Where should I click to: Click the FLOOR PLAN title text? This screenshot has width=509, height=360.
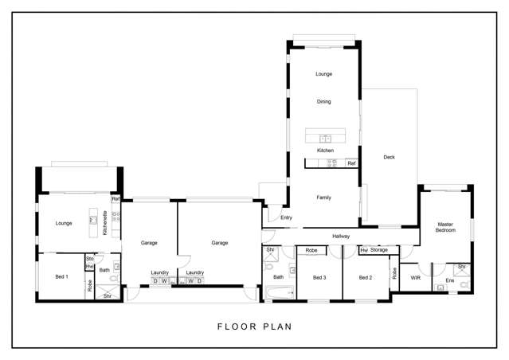(x=254, y=326)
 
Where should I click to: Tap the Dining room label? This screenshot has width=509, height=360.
(x=323, y=102)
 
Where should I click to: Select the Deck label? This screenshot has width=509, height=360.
(x=389, y=157)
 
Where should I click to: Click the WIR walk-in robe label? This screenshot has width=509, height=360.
(x=414, y=278)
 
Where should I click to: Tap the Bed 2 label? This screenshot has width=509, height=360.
(x=365, y=278)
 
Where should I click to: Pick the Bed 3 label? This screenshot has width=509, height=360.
(x=319, y=278)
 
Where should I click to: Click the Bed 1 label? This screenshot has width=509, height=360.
(x=61, y=276)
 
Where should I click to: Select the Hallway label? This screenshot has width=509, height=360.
(x=341, y=237)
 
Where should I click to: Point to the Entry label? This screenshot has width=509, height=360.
(x=286, y=217)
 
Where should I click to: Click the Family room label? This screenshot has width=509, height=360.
(x=323, y=198)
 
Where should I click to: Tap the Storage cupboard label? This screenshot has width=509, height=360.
(x=378, y=250)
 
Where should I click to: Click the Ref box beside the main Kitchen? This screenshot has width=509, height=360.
(x=351, y=163)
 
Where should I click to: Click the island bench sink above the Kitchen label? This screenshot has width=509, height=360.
(x=325, y=135)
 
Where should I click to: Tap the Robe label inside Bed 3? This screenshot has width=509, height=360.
(x=312, y=250)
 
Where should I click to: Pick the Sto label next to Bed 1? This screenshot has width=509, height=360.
(x=89, y=259)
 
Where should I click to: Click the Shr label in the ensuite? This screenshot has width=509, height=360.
(x=461, y=267)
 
